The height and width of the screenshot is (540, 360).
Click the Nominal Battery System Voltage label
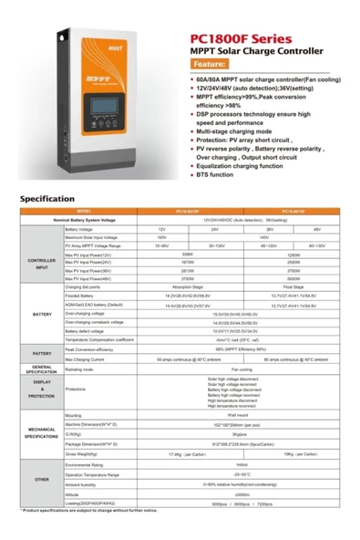(x=97, y=220)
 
